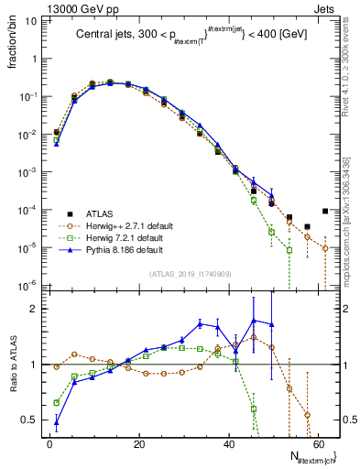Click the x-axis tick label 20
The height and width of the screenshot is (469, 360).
click(x=138, y=443)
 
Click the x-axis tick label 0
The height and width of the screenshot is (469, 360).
click(x=49, y=443)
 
